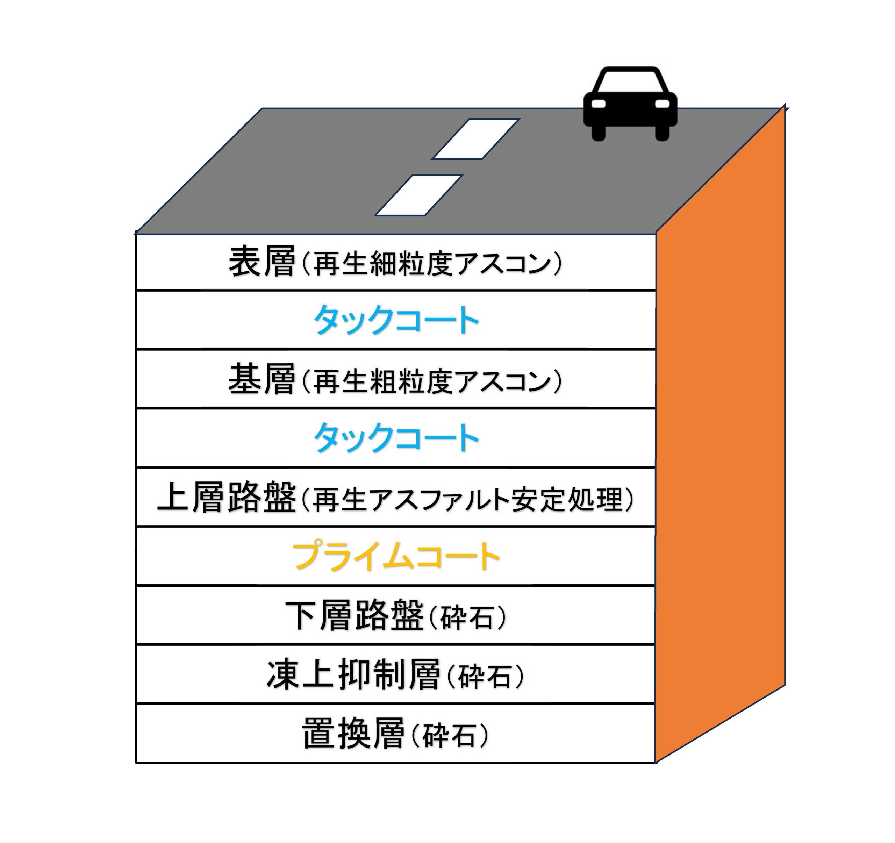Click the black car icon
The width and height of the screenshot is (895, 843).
(x=630, y=106)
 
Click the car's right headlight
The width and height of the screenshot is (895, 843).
(x=662, y=103)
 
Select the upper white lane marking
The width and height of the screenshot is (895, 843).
(x=475, y=139)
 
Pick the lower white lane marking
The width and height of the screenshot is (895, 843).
(x=419, y=195)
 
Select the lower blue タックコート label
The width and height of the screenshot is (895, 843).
(x=396, y=438)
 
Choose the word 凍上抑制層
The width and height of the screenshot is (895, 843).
(x=353, y=674)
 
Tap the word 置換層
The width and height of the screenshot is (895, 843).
(x=353, y=734)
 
